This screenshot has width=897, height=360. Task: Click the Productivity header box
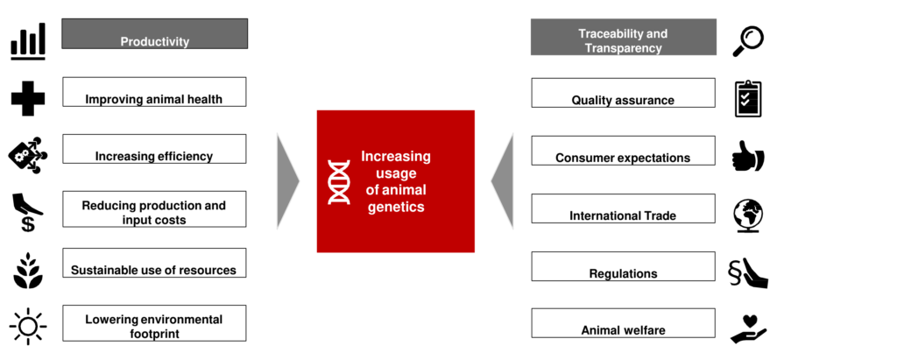coord(154,34)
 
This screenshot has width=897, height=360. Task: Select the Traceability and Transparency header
coord(624,37)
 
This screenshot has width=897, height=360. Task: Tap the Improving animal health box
coord(154,92)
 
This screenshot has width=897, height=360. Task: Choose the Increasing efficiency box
coord(154,149)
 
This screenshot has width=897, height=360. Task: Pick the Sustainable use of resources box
coord(154,263)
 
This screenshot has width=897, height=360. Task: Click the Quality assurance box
coord(623,93)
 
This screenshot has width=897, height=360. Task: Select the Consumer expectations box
coord(623,151)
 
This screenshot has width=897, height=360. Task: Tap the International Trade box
coord(623,208)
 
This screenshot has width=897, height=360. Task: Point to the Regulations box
coord(623,266)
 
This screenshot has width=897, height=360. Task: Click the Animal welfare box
coord(623,323)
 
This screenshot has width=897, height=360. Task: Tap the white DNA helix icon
coord(339,182)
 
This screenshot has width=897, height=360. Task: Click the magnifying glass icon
coord(748,41)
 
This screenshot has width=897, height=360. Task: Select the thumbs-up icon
coord(748,156)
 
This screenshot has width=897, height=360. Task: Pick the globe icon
coord(748,215)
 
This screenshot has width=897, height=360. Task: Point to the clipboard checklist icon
coord(748,99)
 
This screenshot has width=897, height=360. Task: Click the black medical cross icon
coord(28,98)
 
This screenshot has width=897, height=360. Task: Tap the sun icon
coord(28,326)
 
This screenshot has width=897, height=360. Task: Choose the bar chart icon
coord(27,42)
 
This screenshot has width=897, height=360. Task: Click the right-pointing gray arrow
coord(287,181)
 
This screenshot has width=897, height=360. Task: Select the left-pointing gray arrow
coord(503,181)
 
